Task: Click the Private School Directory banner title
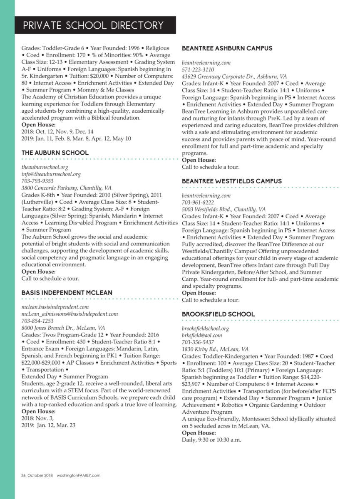[x=93, y=25]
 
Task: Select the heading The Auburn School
[x=55, y=153]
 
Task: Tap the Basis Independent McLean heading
[x=67, y=293]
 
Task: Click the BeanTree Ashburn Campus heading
[x=227, y=48]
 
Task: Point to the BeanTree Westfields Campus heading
[x=232, y=181]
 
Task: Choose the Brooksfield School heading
[x=218, y=314]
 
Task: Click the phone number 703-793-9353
[x=37, y=181]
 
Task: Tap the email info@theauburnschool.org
[x=51, y=174]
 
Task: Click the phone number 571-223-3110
[x=198, y=69]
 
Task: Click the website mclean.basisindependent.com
[x=55, y=307]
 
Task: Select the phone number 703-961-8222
[x=198, y=203]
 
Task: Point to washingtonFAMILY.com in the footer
[x=78, y=475]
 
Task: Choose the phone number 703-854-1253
[x=37, y=321]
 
